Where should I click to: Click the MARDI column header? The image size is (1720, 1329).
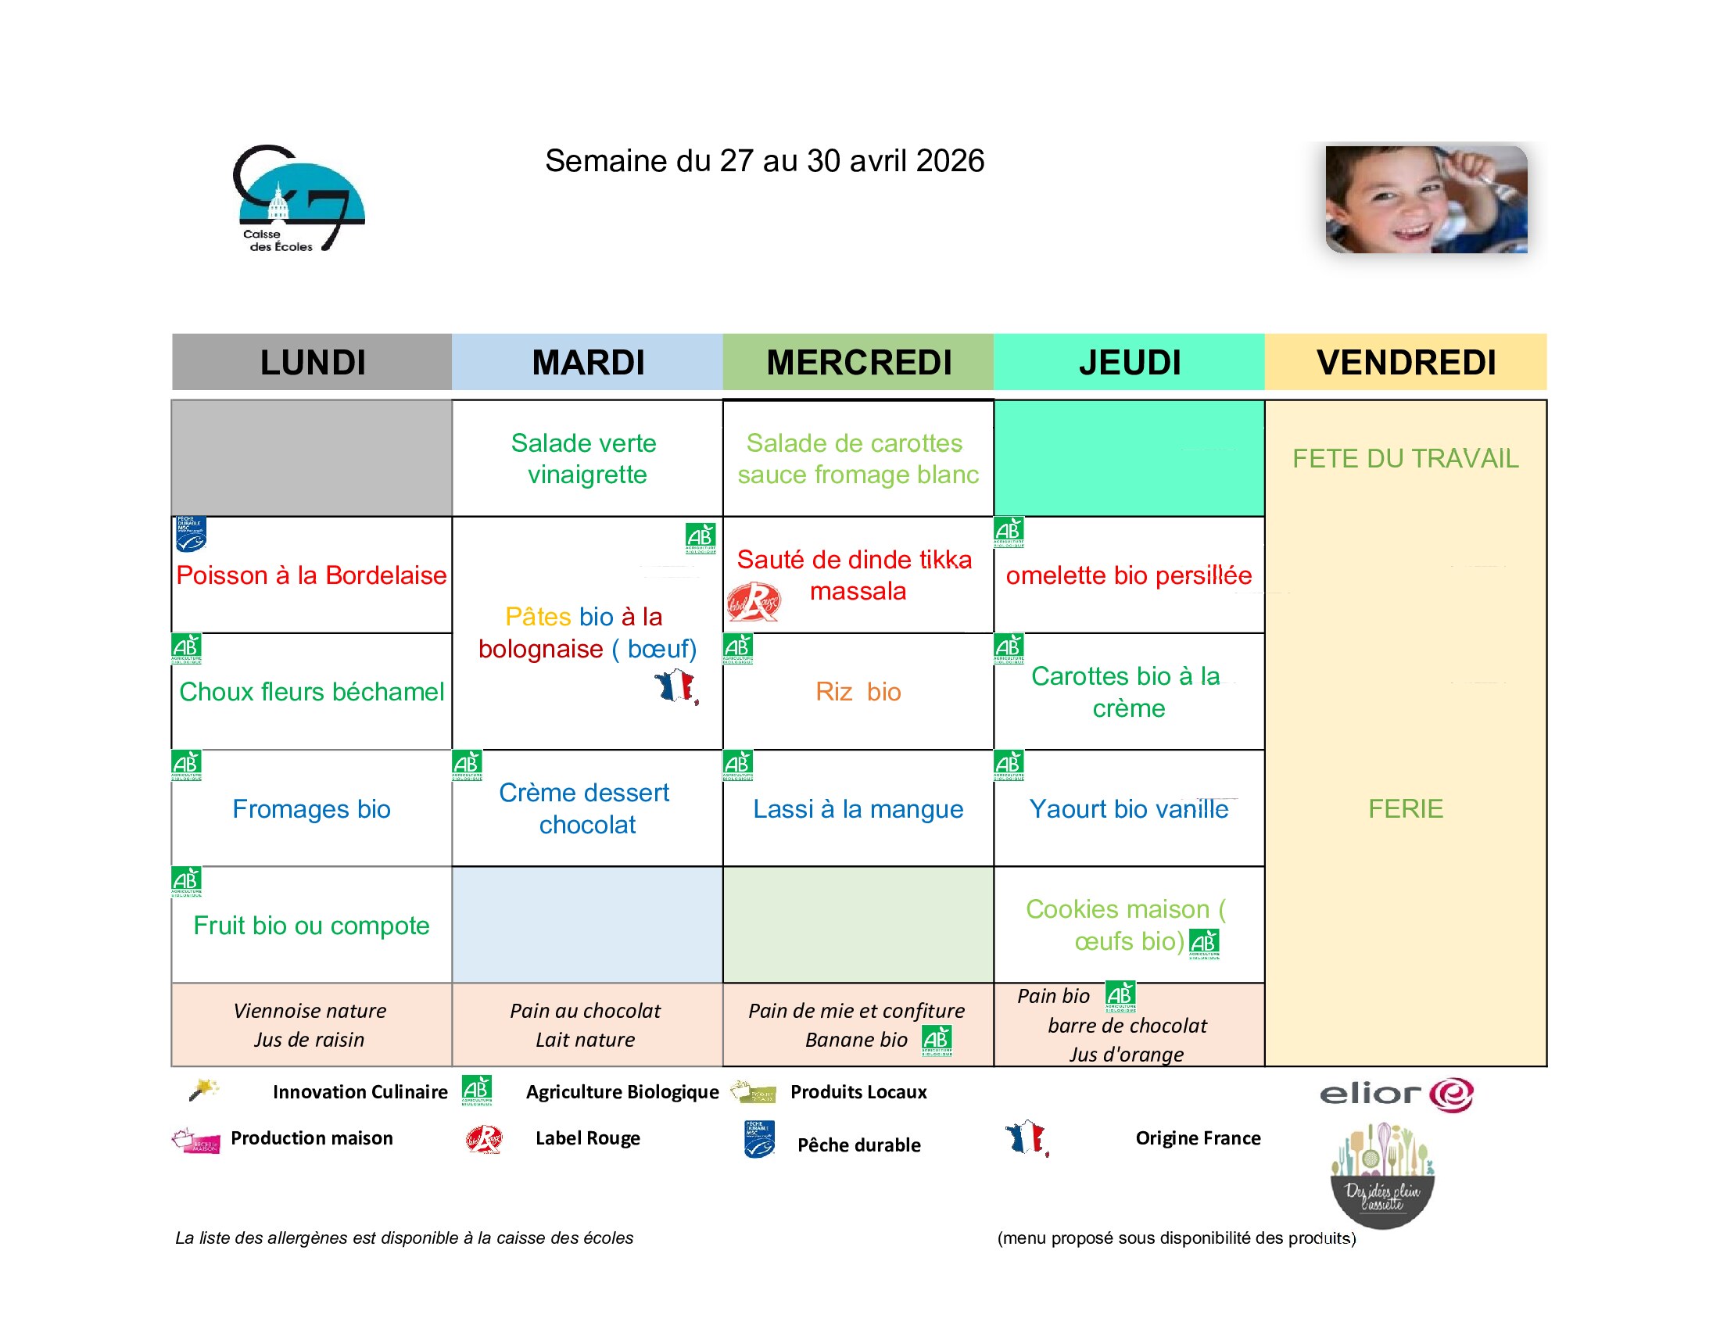[x=587, y=363]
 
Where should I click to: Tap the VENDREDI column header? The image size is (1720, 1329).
[x=1406, y=363]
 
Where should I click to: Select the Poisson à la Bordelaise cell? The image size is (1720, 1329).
[x=312, y=575]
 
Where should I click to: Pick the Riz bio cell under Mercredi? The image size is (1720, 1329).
[x=858, y=692]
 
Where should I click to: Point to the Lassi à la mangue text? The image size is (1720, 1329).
[x=858, y=809]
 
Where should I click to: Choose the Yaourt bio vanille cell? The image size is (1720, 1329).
[x=1128, y=809]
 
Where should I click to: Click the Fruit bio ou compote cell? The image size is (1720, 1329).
[x=312, y=926]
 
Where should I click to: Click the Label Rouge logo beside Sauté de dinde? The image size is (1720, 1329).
[x=754, y=602]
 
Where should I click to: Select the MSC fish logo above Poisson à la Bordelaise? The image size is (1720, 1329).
[x=191, y=535]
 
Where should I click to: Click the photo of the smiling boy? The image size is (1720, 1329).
[x=1426, y=199]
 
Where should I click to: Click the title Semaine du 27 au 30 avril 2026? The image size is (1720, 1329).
[x=764, y=161]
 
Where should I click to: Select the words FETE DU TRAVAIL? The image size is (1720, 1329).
[x=1406, y=459]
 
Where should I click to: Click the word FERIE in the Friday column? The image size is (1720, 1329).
[x=1406, y=809]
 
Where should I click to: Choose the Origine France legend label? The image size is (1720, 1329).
[x=1198, y=1138]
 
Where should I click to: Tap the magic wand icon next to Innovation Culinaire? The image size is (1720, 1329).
[x=203, y=1090]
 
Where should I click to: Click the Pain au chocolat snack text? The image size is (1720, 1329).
[x=585, y=1011]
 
